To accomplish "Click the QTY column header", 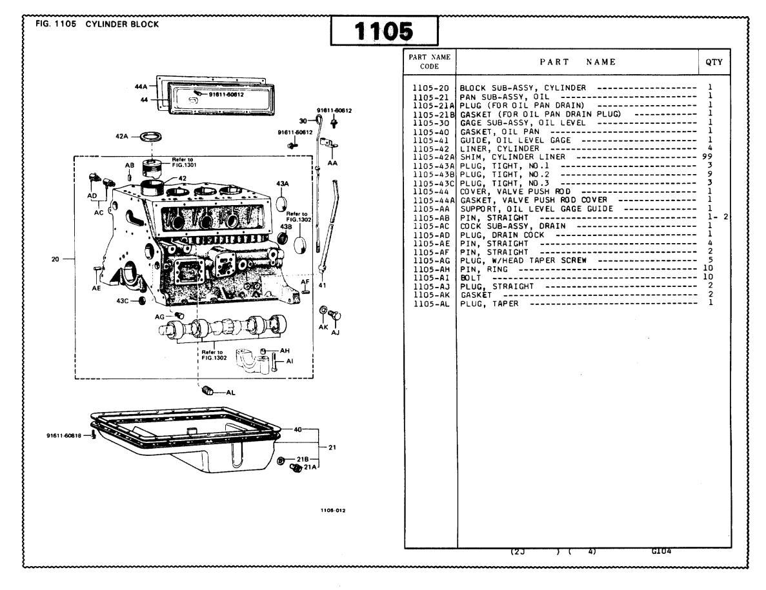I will click(x=714, y=63).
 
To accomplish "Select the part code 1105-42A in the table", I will click(x=434, y=157).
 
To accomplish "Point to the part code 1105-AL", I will click(x=432, y=304).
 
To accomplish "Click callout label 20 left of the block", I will click(x=57, y=259).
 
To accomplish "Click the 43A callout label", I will click(x=282, y=184).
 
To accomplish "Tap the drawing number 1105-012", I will click(x=334, y=509).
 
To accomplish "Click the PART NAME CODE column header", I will click(x=429, y=62).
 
